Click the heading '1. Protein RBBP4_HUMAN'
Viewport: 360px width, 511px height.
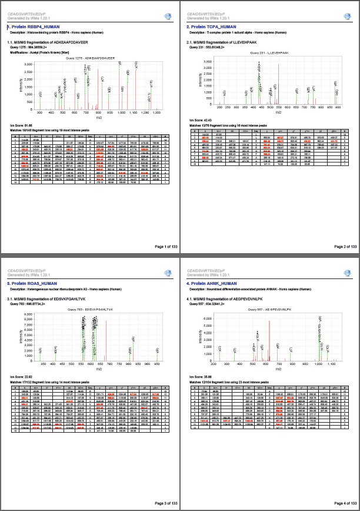[32, 27]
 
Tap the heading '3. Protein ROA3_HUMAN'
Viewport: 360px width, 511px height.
[32, 284]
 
